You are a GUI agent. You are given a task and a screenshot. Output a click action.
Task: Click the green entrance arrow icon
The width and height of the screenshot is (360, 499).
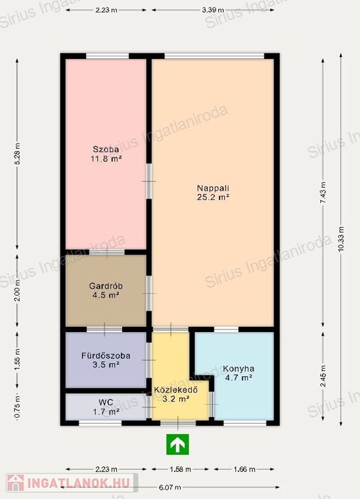pyautogui.click(x=177, y=444)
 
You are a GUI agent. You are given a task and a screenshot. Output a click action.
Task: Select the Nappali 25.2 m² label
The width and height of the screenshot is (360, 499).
pyautogui.click(x=213, y=192)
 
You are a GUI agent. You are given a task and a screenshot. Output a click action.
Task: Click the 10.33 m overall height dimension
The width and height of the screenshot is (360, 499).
pyautogui.click(x=341, y=239)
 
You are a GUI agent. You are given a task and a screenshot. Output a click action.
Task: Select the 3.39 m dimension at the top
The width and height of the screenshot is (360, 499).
pyautogui.click(x=213, y=10)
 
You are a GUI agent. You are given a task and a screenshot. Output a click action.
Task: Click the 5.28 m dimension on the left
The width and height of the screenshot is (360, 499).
pyautogui.click(x=17, y=153)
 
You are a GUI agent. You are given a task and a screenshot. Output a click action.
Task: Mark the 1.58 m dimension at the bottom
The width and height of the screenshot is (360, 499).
pyautogui.click(x=180, y=469)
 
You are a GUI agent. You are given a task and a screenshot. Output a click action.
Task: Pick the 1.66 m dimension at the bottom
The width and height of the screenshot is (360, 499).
pyautogui.click(x=244, y=469)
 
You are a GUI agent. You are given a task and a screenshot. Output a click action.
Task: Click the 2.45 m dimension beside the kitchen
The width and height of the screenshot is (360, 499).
pyautogui.click(x=323, y=376)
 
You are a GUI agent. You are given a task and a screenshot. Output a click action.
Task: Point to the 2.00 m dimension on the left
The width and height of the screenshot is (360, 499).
pyautogui.click(x=17, y=290)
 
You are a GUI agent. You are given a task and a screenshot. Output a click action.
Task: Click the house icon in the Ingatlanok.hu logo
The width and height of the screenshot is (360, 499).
pyautogui.click(x=16, y=483)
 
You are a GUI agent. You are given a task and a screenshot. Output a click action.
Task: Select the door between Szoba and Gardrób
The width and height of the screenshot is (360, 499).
pyautogui.click(x=107, y=252)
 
